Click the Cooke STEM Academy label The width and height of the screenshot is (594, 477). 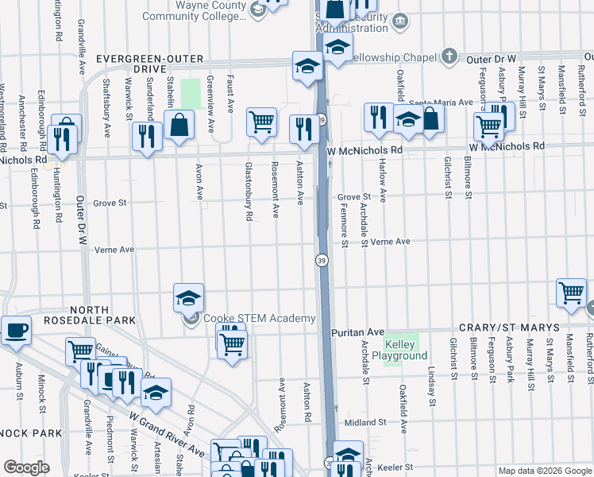[x=259, y=319]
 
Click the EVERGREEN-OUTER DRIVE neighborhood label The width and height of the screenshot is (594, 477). [x=151, y=64]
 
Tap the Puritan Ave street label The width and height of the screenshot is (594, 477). [x=358, y=332]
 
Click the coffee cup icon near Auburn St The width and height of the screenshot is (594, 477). [x=16, y=331]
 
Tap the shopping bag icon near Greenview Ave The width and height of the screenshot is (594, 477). [x=179, y=125]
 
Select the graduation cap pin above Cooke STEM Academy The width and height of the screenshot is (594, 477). [x=188, y=297]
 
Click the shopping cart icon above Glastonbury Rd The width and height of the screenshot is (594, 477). [x=261, y=122]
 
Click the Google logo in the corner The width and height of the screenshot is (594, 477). [x=26, y=467]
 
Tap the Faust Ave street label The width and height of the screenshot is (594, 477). [x=230, y=93]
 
